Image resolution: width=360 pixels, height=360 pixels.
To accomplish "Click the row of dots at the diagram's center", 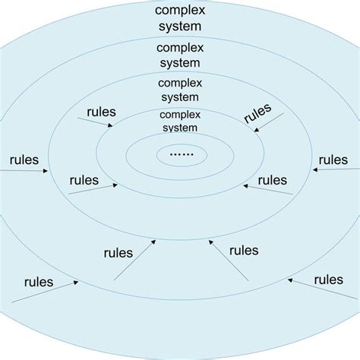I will pyautogui.click(x=182, y=155).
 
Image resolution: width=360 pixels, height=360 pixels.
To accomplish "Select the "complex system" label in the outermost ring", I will pyautogui.click(x=180, y=18).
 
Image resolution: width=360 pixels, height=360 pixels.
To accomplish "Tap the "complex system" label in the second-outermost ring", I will pyautogui.click(x=180, y=55).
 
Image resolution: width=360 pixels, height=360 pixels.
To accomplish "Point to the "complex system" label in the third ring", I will pyautogui.click(x=181, y=90).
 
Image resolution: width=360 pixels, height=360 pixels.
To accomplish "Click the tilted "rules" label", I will pyautogui.click(x=258, y=112).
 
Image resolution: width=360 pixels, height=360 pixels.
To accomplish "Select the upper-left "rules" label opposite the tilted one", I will pyautogui.click(x=101, y=112).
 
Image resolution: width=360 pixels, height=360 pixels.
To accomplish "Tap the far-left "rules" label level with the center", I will pyautogui.click(x=24, y=160).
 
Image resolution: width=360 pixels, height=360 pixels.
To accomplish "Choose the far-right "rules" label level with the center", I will pyautogui.click(x=333, y=160).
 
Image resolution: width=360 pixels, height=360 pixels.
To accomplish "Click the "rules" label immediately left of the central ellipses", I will pyautogui.click(x=84, y=180).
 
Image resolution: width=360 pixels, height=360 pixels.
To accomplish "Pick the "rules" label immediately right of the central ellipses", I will pyautogui.click(x=273, y=180).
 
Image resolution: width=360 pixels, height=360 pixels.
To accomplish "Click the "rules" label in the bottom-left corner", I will pyautogui.click(x=38, y=281).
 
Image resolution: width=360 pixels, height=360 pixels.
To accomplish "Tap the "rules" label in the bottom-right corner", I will pyautogui.click(x=329, y=279).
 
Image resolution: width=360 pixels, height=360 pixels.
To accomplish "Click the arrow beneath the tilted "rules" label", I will pyautogui.click(x=268, y=123).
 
